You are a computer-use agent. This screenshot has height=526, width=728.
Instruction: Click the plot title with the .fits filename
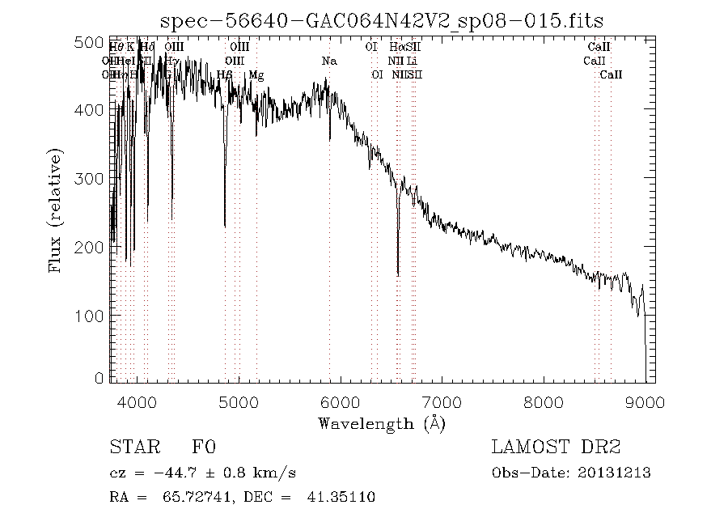pos(381,20)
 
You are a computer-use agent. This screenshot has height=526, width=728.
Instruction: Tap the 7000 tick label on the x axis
pos(442,402)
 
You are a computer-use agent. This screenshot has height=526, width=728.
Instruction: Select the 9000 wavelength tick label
pos(645,402)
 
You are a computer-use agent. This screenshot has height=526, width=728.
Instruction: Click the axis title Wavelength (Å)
pos(381,423)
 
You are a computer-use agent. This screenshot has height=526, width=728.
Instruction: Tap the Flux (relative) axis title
pos(56,210)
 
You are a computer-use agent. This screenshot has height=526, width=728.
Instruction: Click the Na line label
pos(328,62)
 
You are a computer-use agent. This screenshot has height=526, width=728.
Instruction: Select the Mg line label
pos(256,75)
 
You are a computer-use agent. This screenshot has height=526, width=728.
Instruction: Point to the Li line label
pos(412,62)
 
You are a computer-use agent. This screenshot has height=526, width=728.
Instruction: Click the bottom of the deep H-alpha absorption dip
pos(398,275)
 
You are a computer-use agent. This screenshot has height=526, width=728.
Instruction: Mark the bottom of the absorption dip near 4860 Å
pos(225,227)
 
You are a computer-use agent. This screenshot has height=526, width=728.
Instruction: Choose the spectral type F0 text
pos(202,448)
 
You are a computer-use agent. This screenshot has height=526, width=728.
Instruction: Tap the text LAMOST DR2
pos(556,448)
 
